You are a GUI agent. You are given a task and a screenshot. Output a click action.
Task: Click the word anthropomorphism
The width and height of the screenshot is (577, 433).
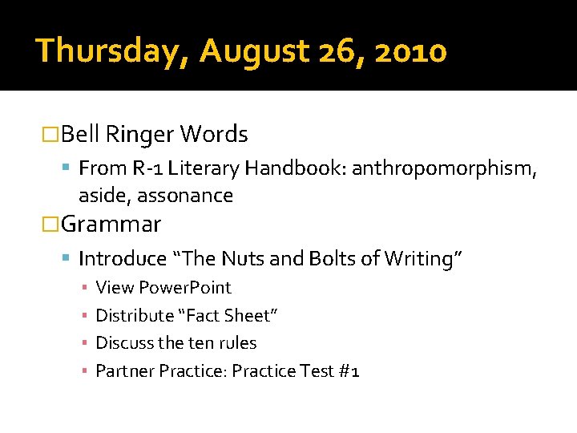[444, 168]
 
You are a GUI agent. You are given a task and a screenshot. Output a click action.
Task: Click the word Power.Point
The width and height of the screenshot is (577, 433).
[185, 288]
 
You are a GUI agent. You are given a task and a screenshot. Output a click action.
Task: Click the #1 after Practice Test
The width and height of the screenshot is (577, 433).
[349, 370]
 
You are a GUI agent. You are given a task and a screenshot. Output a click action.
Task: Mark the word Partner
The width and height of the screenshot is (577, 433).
[125, 370]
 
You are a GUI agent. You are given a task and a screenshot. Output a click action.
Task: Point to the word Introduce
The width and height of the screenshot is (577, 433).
[123, 259]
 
